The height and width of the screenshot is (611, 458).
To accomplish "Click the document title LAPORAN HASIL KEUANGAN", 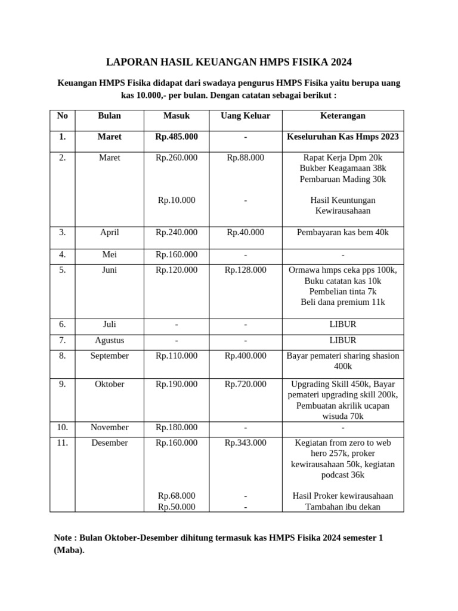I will click(229, 62).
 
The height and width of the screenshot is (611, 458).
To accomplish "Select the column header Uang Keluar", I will click(245, 116).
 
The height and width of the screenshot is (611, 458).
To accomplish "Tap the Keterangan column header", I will click(342, 116).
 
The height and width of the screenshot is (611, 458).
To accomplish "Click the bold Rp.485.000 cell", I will click(177, 137).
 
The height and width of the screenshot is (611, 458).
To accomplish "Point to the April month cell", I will click(110, 232).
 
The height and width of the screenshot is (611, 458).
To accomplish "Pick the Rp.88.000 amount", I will click(245, 158).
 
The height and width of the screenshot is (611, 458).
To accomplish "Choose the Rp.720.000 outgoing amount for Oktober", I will click(245, 384).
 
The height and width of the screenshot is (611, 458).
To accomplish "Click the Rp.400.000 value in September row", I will click(245, 356).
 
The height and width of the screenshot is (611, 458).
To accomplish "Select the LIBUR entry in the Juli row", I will click(342, 325).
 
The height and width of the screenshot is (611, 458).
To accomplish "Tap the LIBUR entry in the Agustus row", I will click(342, 340).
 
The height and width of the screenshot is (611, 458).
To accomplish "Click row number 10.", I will click(62, 427).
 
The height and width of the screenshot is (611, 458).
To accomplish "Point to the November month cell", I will click(110, 427).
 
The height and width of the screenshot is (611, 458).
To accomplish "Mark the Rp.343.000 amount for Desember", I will click(245, 443).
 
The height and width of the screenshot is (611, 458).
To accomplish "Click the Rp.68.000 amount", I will click(177, 496).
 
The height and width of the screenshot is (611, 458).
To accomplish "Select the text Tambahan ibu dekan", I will click(342, 507).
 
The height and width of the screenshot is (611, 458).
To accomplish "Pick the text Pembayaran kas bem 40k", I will click(342, 232).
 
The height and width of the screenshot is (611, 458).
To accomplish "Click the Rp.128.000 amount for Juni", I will click(245, 270).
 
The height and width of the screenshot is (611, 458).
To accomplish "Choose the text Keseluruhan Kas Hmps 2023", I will click(342, 137).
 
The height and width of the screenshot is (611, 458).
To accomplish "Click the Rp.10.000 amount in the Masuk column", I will click(177, 200).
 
